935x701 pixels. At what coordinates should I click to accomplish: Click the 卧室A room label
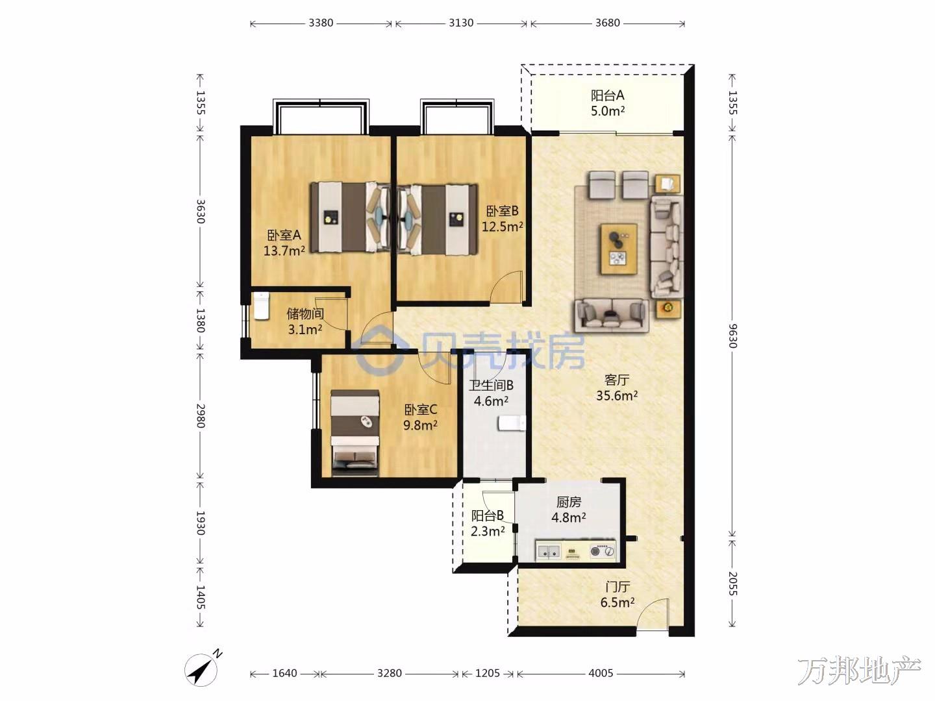[284, 235]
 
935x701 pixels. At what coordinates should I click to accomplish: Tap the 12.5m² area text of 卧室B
[502, 227]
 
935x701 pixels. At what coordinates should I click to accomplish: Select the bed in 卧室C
[355, 432]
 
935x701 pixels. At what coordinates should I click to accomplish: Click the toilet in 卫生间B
[512, 423]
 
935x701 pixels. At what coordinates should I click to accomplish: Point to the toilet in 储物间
[261, 305]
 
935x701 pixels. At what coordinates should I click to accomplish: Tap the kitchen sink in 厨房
[549, 552]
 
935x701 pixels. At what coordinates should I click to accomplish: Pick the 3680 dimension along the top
[608, 23]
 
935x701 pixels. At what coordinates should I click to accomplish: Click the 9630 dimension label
[732, 336]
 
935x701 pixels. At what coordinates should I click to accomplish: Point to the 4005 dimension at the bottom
[601, 673]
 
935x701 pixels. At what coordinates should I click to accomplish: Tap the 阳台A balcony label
[608, 95]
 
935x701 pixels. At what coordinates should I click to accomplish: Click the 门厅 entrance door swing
[653, 613]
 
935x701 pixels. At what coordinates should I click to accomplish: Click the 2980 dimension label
[200, 416]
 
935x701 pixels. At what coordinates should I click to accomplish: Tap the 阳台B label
[488, 515]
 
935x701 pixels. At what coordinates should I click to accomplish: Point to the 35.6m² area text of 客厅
[616, 395]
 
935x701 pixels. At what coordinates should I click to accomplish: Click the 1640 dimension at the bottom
[284, 673]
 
